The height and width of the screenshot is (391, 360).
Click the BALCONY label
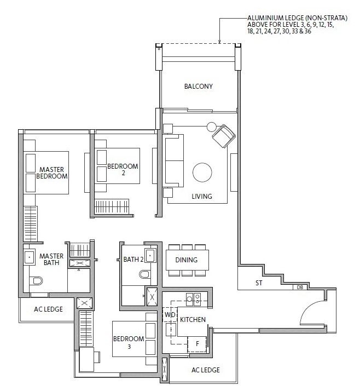click(x=198, y=87)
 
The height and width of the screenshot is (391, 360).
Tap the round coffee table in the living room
click(x=202, y=172)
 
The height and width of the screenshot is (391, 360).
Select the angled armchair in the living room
click(x=224, y=136)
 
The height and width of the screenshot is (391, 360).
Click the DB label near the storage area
click(x=300, y=287)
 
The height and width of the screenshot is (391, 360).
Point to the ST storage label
click(x=259, y=283)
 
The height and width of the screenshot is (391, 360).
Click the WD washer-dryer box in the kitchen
click(x=170, y=315)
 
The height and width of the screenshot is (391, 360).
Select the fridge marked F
click(x=197, y=344)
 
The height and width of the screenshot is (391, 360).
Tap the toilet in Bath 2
click(x=144, y=274)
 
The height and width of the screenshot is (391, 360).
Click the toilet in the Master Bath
click(x=36, y=281)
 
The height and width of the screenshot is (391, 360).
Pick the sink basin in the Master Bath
click(x=29, y=257)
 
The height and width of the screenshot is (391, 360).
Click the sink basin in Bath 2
click(x=150, y=255)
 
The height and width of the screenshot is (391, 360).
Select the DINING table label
click(x=187, y=260)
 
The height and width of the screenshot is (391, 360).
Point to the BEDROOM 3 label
click(x=129, y=342)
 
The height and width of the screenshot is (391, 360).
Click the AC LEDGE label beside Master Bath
click(x=48, y=309)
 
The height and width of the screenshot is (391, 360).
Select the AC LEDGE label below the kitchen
click(x=206, y=370)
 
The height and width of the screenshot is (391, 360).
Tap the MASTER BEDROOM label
click(x=52, y=173)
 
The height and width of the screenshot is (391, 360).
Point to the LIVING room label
click(x=202, y=197)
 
